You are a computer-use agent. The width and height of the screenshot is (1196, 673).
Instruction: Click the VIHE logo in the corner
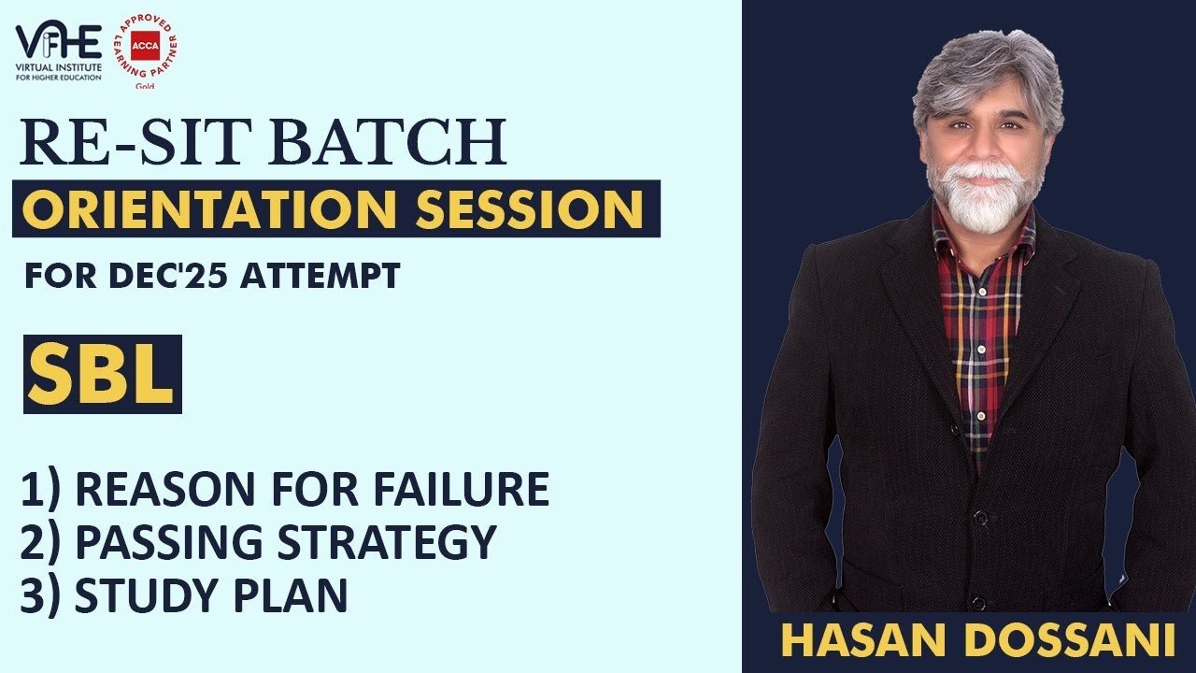coord(58,50)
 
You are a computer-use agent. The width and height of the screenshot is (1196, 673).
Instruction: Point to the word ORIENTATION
coord(210,209)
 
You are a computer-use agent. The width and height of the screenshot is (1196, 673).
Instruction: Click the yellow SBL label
coord(102,375)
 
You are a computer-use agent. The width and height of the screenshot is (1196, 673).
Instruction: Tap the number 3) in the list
coord(42,595)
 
